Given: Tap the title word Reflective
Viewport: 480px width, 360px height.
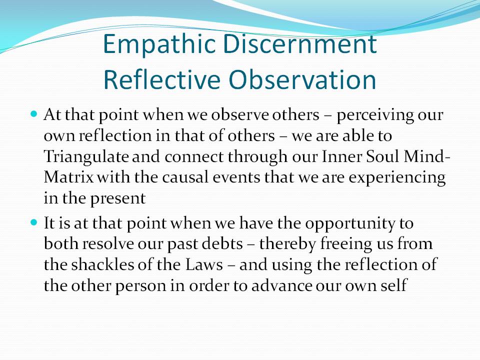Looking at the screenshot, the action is tap(162, 80).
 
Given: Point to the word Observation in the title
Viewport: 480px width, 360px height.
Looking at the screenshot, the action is tap(302, 80).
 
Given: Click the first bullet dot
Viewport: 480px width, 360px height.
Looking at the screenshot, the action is tap(34, 114).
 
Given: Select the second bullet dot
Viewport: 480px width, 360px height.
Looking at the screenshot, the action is tap(34, 222).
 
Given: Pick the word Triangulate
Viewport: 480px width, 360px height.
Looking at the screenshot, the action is tap(86, 157).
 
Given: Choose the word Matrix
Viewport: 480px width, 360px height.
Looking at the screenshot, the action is tap(69, 177).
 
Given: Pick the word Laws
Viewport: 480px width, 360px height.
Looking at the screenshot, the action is tap(204, 265).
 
